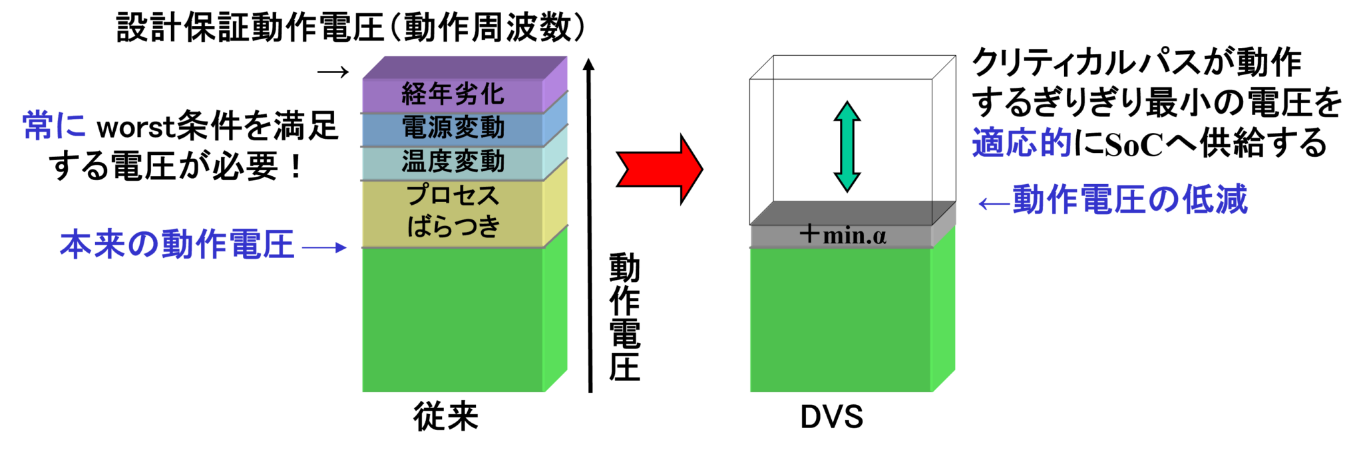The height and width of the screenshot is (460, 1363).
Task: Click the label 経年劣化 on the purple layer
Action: (453, 94)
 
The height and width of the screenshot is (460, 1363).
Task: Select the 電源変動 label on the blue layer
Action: (453, 128)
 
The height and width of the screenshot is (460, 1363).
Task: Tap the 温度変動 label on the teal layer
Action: (453, 162)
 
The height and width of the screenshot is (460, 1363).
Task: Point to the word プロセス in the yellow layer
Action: (453, 195)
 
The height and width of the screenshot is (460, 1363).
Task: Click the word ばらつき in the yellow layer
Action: (453, 226)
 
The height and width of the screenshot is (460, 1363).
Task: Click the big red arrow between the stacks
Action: (660, 169)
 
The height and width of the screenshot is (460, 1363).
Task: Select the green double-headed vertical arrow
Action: (847, 147)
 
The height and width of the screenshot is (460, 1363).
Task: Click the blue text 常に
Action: (54, 126)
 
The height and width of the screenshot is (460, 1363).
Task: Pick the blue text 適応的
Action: (1021, 143)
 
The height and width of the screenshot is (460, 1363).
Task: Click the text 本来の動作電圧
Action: (177, 245)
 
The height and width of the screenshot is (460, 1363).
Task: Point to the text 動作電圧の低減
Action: (1130, 199)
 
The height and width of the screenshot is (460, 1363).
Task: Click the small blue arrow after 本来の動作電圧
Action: (324, 248)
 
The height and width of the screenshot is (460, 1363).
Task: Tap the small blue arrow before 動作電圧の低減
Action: (994, 203)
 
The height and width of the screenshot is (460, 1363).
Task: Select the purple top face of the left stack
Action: (465, 67)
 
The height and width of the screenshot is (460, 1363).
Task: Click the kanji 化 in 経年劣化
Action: (492, 94)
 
